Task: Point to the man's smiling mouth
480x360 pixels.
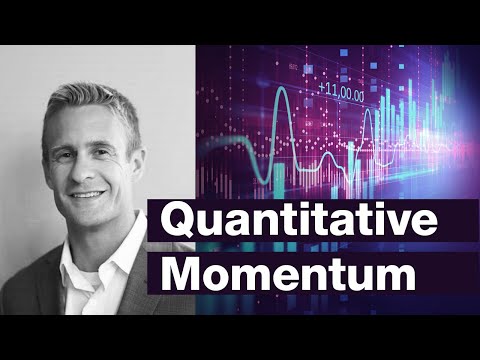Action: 87,191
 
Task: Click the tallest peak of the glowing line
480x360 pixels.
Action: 283,93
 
